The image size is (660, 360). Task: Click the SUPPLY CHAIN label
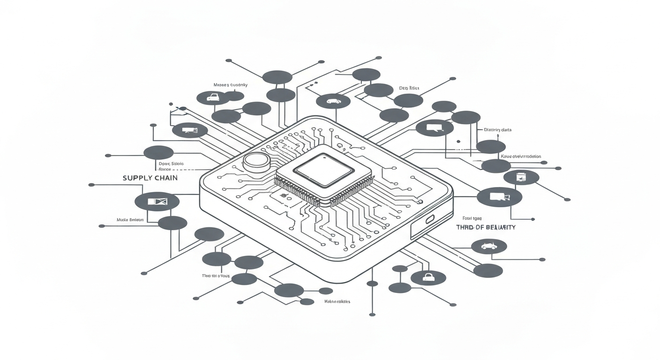coord(150,178)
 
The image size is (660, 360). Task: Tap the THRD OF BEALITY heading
coord(486,227)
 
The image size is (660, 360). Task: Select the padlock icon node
coord(428,277)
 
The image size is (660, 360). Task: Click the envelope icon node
coord(157,202)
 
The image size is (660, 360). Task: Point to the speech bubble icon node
coord(434,127)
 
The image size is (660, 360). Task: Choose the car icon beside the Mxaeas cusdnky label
coord(213,97)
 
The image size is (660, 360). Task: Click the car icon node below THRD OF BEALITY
coord(488,246)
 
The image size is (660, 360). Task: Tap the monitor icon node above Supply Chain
coord(189,130)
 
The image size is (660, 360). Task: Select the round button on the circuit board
coord(256,162)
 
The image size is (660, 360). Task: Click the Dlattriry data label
coord(497,130)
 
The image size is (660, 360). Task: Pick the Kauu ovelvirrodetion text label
coord(521,157)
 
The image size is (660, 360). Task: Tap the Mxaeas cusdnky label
coord(230,85)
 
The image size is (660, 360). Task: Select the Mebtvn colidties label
coord(337,301)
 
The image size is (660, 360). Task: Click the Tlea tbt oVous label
coord(216,276)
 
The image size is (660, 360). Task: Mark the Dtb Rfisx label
coord(409,88)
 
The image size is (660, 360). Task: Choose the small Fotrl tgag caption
coord(472,218)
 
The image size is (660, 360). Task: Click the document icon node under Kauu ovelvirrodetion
coord(521,177)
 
